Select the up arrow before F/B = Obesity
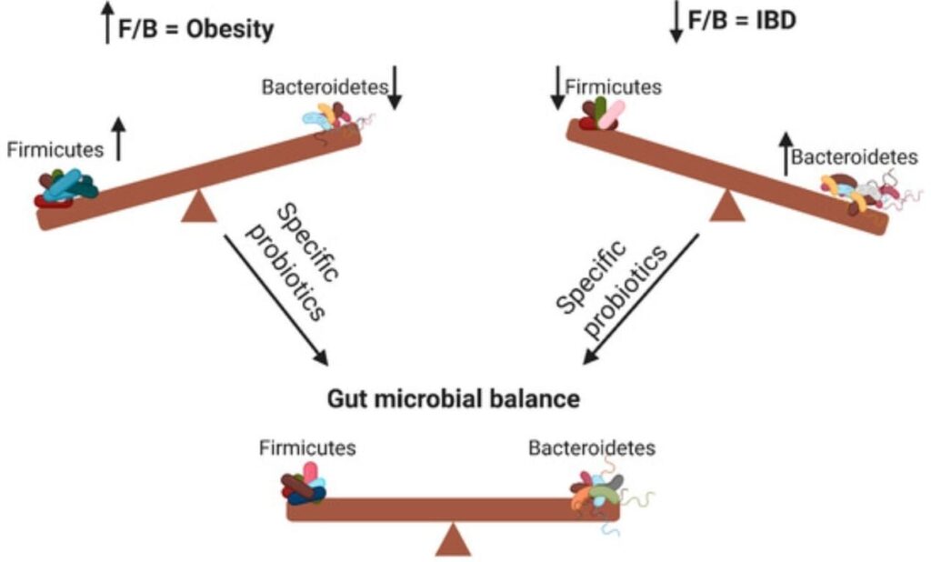tap(109, 24)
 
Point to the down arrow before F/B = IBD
tap(676, 22)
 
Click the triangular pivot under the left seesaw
tap(198, 207)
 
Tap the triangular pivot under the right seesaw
tap(726, 206)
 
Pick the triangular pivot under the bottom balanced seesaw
tap(453, 540)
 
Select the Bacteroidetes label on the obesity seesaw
tap(325, 88)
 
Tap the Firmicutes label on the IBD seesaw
tap(613, 87)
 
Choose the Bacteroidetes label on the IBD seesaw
tap(854, 157)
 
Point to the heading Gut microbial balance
tap(452, 398)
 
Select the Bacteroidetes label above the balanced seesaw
tap(592, 448)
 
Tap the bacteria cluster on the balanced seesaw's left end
tap(304, 484)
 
